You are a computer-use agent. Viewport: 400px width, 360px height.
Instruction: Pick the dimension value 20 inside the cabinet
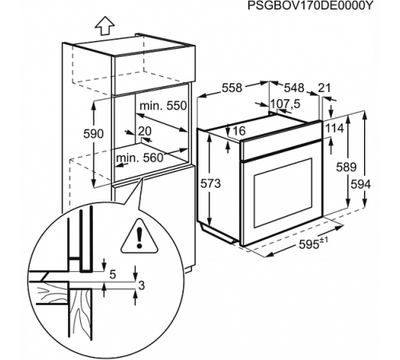coord(144,130)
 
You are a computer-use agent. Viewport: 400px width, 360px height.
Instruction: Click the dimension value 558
coord(231,88)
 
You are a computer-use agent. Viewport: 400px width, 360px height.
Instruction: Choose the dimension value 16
coord(238,130)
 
